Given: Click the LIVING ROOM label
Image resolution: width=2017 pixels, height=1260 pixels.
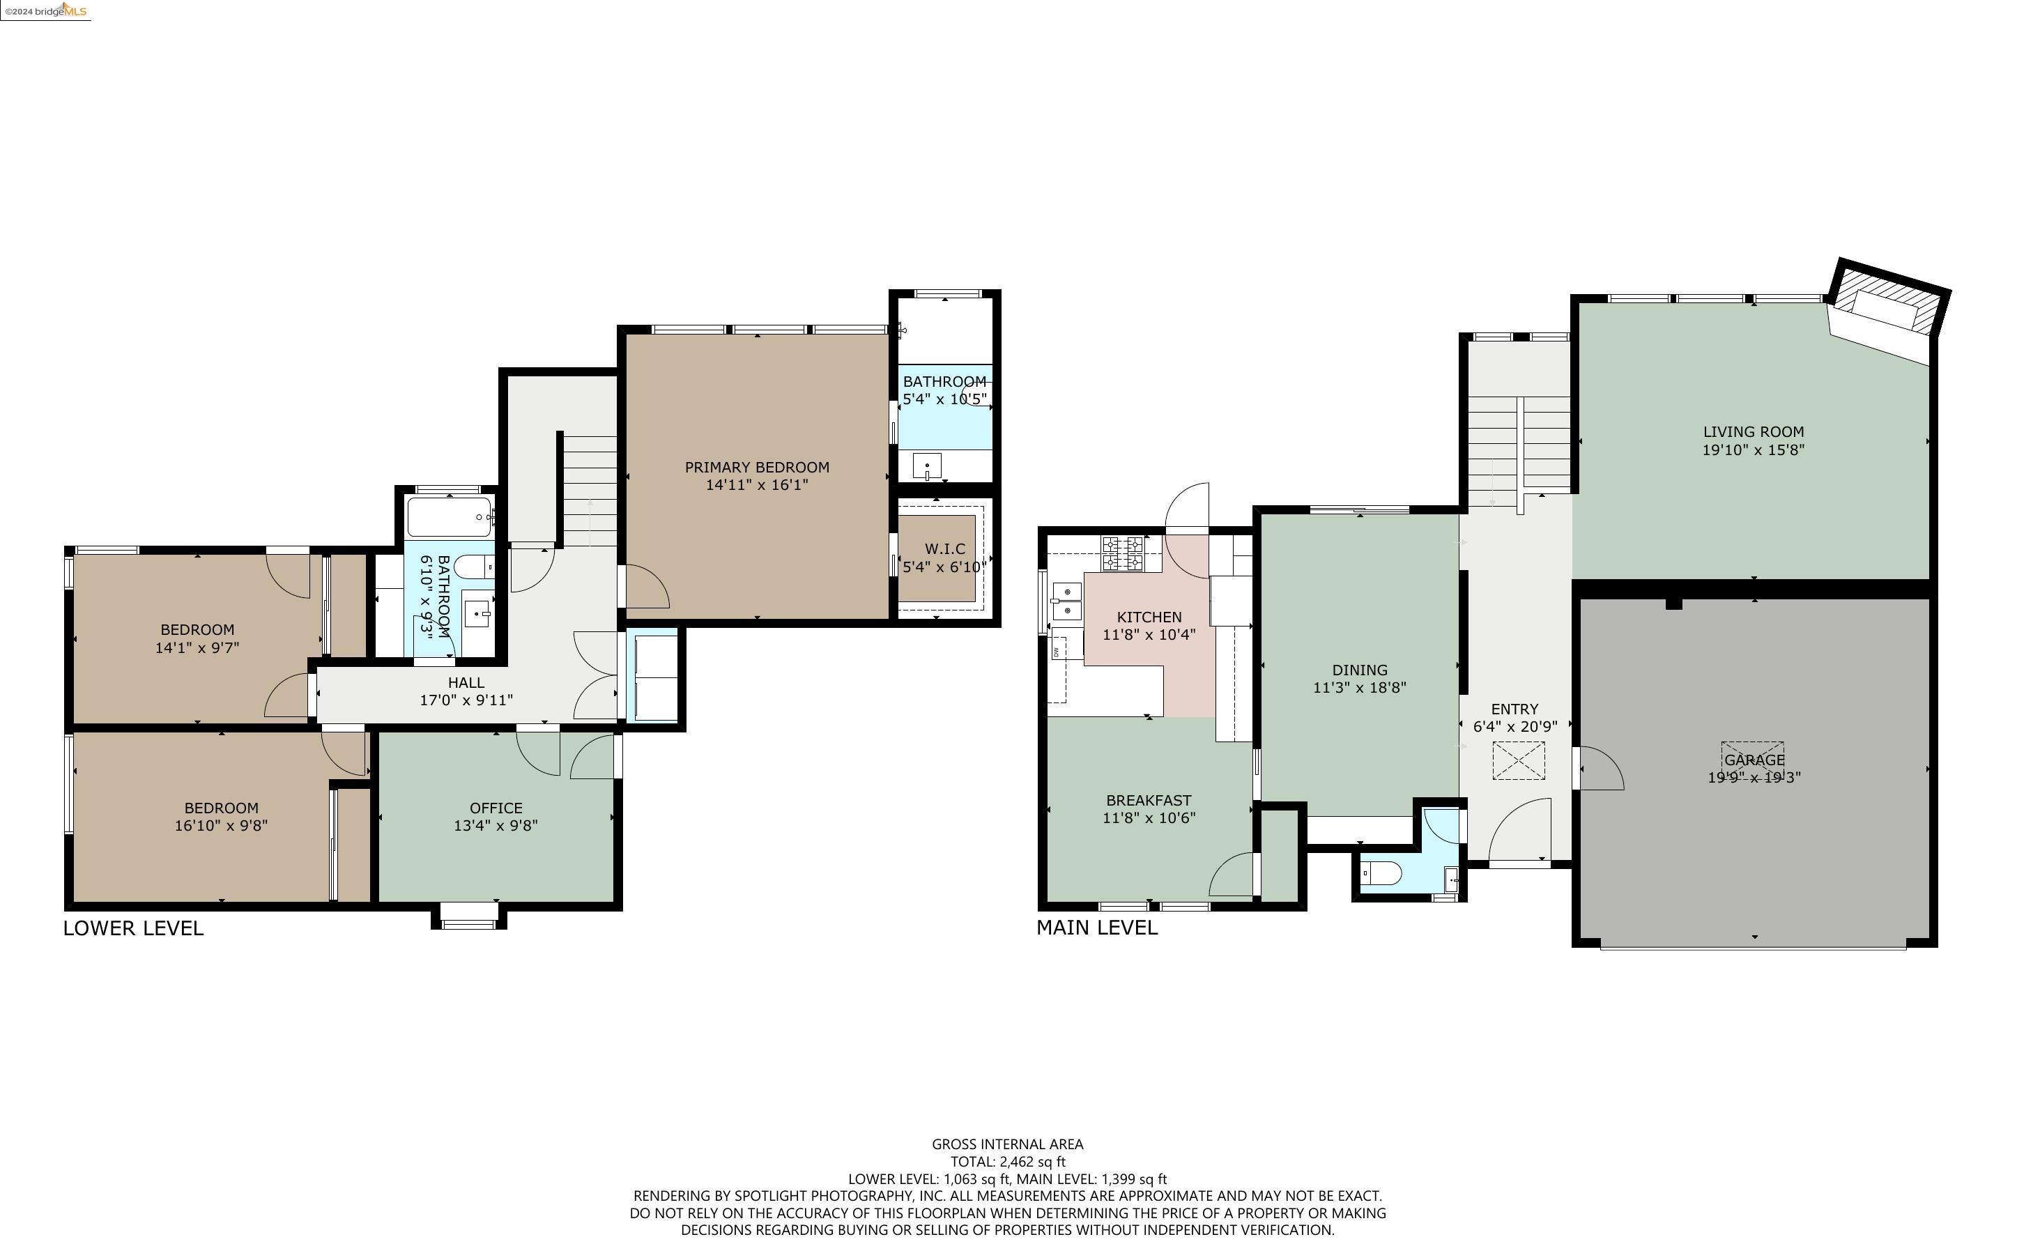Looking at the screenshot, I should click(x=1753, y=431).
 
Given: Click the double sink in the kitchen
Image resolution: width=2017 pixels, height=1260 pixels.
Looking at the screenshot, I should click(x=1066, y=601).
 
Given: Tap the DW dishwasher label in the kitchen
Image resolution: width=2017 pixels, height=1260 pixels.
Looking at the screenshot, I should click(x=1056, y=652).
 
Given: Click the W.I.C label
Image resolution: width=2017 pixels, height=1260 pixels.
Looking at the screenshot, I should click(x=945, y=548).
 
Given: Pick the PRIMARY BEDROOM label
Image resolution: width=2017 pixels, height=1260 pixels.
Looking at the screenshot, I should click(x=756, y=467).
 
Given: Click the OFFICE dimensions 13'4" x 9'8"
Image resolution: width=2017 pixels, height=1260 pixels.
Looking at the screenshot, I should click(x=496, y=826).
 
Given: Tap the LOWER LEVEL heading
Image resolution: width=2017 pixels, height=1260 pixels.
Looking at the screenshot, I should click(x=133, y=928).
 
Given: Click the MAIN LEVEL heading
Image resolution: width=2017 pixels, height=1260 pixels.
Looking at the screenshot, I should click(x=1096, y=928).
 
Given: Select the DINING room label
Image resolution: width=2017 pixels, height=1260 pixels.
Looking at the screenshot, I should click(x=1360, y=670).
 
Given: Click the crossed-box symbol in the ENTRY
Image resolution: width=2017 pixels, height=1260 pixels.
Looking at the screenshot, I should click(x=1518, y=761).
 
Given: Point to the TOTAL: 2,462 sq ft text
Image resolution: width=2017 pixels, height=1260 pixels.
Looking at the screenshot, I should click(x=1007, y=1162).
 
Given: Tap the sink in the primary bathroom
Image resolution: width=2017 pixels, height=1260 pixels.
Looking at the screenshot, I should click(x=926, y=465).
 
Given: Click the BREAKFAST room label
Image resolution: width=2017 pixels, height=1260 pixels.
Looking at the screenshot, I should click(x=1148, y=800).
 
